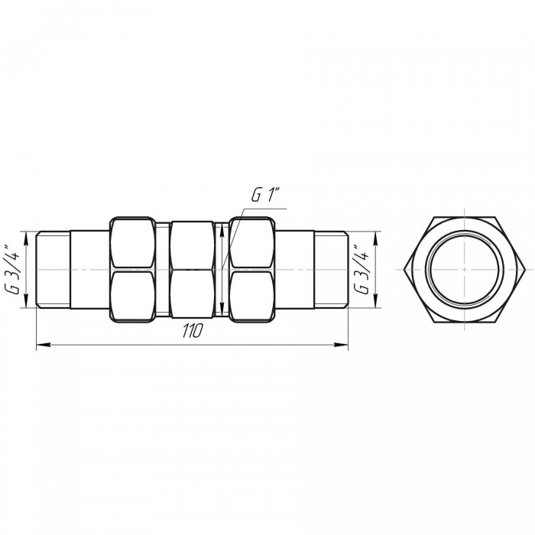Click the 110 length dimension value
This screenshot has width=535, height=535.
[x=193, y=330]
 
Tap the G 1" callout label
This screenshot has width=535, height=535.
[x=265, y=194]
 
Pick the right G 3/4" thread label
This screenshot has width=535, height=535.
[x=361, y=269]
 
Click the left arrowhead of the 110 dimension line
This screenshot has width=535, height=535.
[x=44, y=345]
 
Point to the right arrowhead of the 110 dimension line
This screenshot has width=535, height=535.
[x=341, y=345]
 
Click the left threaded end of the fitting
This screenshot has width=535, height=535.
[x=53, y=270]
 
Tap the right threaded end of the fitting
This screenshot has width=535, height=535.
[x=331, y=270]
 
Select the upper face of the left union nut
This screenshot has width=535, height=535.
[x=132, y=243]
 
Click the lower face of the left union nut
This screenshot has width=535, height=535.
[x=132, y=297]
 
